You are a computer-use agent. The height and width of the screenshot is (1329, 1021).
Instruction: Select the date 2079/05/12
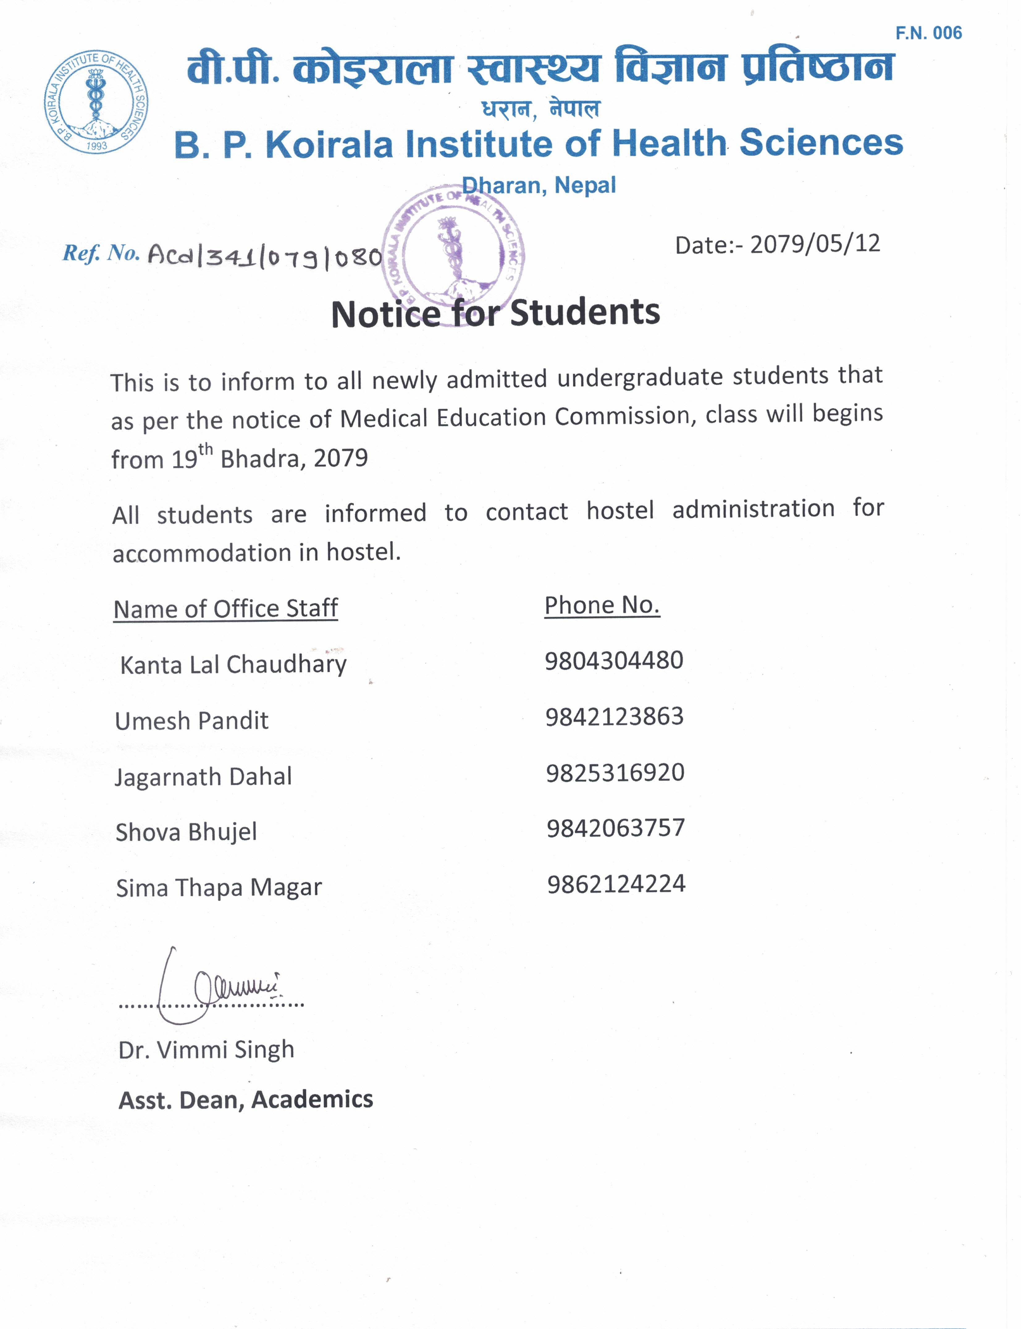814,244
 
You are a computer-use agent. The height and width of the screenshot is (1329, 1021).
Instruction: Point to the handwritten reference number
264,256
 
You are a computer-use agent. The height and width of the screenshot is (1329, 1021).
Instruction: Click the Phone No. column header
602,606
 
